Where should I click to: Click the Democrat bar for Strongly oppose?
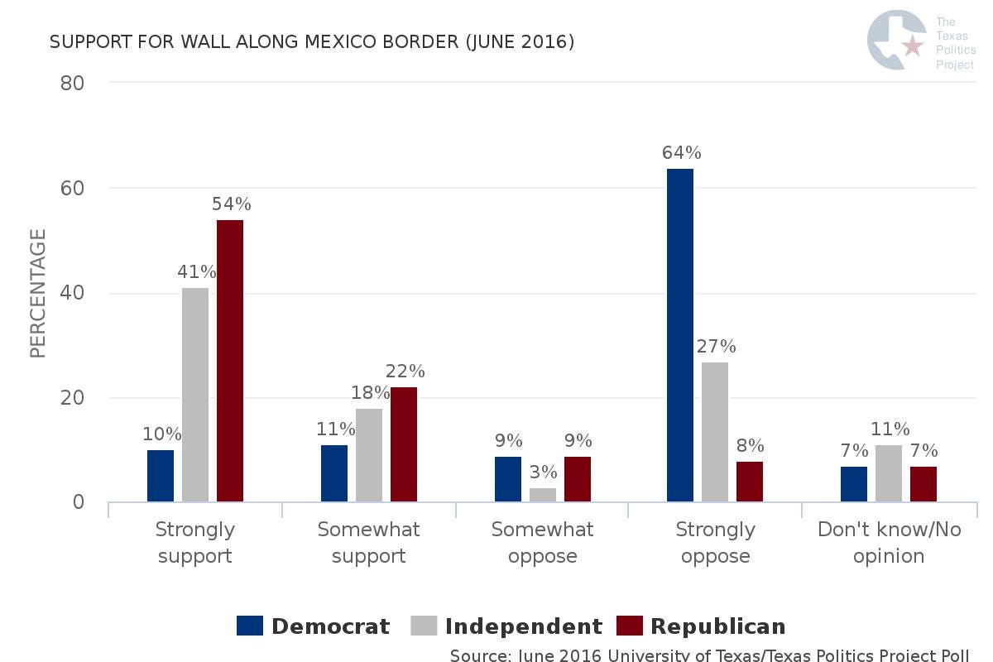pyautogui.click(x=680, y=335)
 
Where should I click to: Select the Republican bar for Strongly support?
pyautogui.click(x=230, y=361)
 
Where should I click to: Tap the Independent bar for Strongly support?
pyautogui.click(x=195, y=395)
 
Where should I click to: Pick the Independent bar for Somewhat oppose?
pyautogui.click(x=543, y=495)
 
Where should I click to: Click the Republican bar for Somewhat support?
pyautogui.click(x=404, y=444)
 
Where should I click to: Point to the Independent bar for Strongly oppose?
pyautogui.click(x=715, y=432)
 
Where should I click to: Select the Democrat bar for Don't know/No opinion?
pyautogui.click(x=854, y=484)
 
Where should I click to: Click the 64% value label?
pyautogui.click(x=681, y=153)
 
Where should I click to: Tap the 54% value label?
pyautogui.click(x=231, y=204)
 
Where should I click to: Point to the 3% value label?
pyautogui.click(x=543, y=473)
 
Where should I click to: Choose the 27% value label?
pyautogui.click(x=716, y=347)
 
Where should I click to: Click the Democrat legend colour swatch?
pyautogui.click(x=250, y=626)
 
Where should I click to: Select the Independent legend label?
pyautogui.click(x=523, y=626)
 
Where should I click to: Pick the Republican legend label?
pyautogui.click(x=717, y=626)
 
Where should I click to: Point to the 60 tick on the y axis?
pyautogui.click(x=73, y=188)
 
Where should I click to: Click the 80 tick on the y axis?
pyautogui.click(x=73, y=83)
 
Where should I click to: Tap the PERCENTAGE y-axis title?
pyautogui.click(x=38, y=294)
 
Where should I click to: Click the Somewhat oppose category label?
pyautogui.click(x=542, y=542)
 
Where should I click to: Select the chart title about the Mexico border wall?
pyautogui.click(x=312, y=41)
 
